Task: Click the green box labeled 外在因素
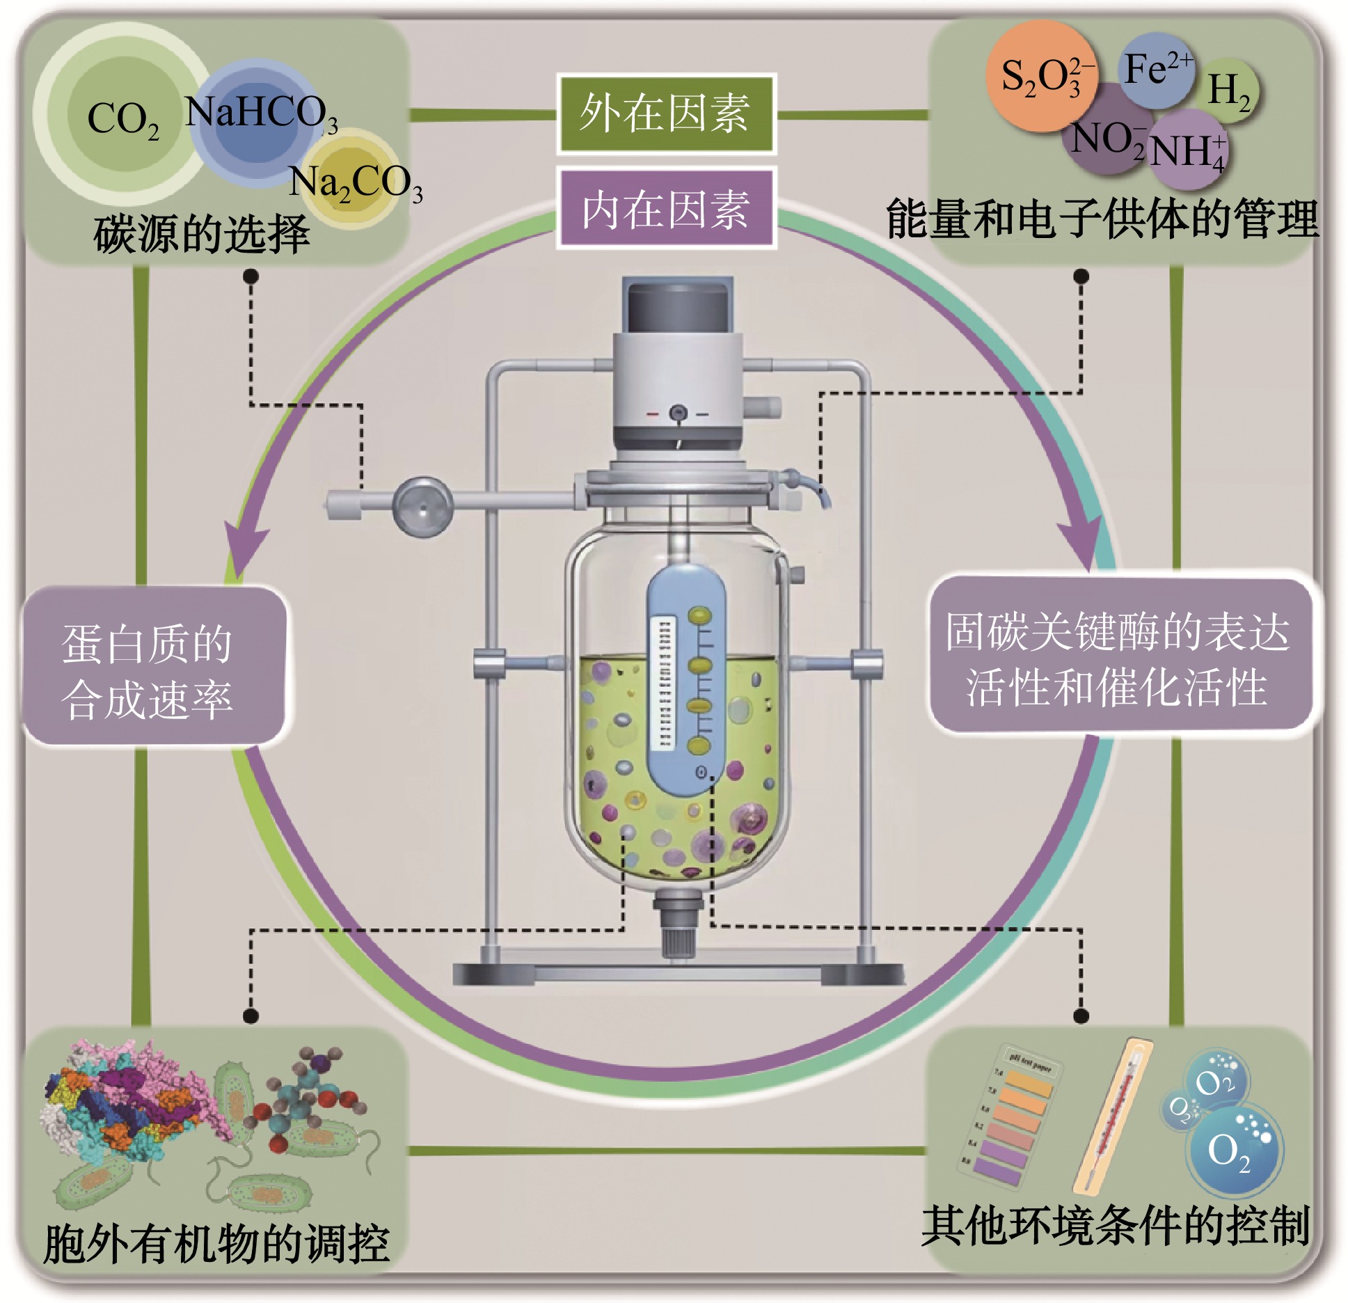[x=665, y=113]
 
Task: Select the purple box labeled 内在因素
[x=665, y=208]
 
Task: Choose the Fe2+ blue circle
[x=1156, y=70]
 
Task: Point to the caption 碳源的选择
[x=202, y=234]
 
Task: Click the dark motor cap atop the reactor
[x=679, y=306]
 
